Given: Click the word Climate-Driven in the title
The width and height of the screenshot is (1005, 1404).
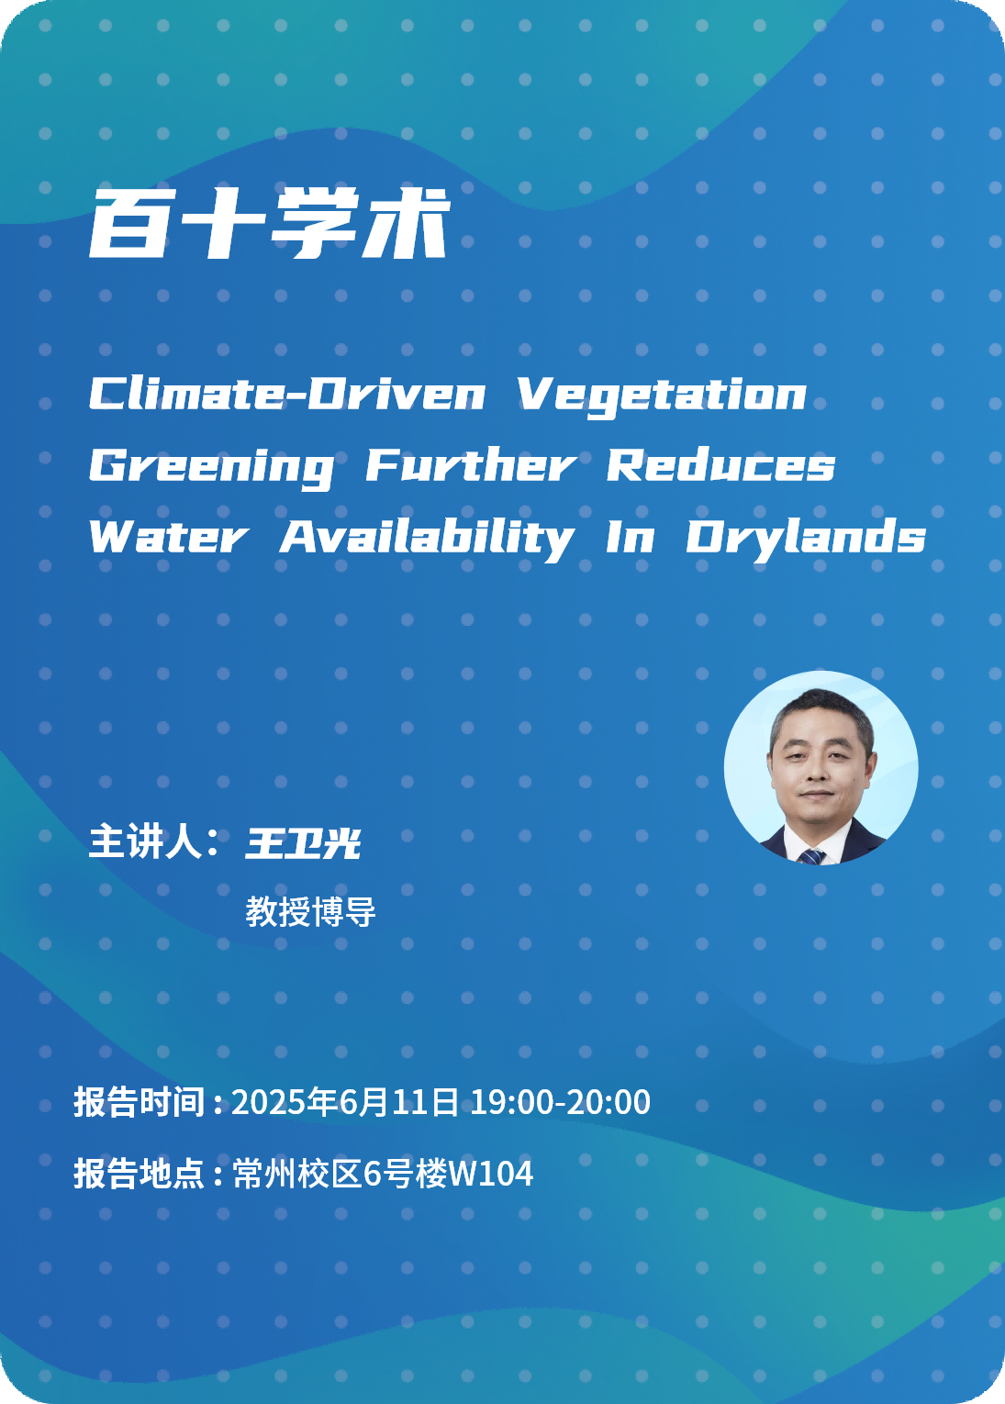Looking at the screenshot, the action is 287,395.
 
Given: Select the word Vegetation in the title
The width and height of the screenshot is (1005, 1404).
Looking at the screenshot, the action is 663,397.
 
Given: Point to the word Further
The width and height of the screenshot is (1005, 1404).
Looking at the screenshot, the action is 471,465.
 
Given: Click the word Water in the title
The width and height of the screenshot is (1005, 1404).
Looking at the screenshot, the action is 169,537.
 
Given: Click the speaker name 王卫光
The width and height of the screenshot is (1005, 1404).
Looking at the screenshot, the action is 303,842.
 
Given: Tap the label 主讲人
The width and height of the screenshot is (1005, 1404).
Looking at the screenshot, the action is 145,841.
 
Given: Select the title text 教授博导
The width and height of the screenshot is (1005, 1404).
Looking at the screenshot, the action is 310,911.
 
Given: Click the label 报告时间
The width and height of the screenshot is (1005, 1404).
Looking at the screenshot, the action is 140,1102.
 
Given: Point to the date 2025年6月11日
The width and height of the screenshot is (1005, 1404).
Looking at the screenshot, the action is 345,1102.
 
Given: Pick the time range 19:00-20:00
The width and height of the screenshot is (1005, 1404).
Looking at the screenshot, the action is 561,1102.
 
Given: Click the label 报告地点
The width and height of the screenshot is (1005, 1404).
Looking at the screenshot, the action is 140,1174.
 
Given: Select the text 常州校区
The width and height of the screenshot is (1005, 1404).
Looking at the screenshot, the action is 297,1174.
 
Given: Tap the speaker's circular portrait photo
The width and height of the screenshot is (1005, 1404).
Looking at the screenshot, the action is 821,768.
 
